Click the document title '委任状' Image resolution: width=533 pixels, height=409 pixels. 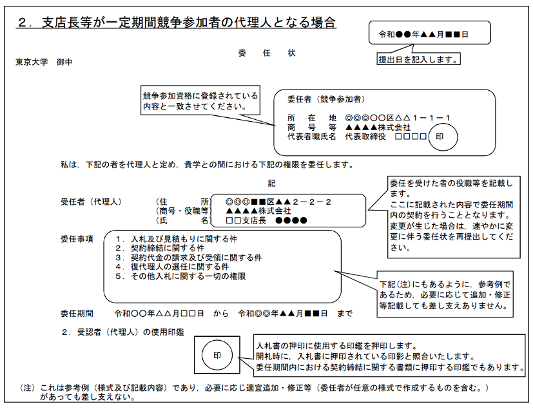click(x=267, y=53)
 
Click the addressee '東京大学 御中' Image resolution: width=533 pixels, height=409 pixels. click(x=44, y=62)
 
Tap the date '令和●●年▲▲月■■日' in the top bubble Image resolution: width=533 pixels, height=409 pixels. click(x=423, y=34)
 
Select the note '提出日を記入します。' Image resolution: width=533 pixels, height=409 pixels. click(x=418, y=60)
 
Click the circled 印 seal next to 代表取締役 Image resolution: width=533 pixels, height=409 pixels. click(x=443, y=137)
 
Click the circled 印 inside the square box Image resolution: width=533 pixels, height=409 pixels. click(x=217, y=356)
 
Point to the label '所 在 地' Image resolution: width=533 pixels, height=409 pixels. click(x=312, y=118)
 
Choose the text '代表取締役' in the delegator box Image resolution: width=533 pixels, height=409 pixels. click(x=365, y=137)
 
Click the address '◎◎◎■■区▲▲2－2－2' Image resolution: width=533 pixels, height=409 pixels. click(x=278, y=202)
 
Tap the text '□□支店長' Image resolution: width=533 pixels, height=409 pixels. click(x=246, y=220)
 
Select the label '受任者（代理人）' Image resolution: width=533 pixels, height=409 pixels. click(x=91, y=202)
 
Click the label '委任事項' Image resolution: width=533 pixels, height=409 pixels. click(x=77, y=239)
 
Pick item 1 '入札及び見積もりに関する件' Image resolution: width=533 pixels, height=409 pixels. click(x=184, y=239)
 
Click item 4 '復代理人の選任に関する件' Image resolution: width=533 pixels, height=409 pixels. click(x=180, y=267)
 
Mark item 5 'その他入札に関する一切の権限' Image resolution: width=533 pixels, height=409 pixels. click(x=188, y=276)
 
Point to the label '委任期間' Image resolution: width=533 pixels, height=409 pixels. click(x=77, y=314)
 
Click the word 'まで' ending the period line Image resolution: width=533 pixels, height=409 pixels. click(x=345, y=314)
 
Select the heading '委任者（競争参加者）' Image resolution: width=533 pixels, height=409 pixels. click(x=326, y=99)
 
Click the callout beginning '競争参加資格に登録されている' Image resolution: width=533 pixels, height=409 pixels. click(x=200, y=100)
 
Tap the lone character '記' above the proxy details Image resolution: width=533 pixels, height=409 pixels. click(x=271, y=184)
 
